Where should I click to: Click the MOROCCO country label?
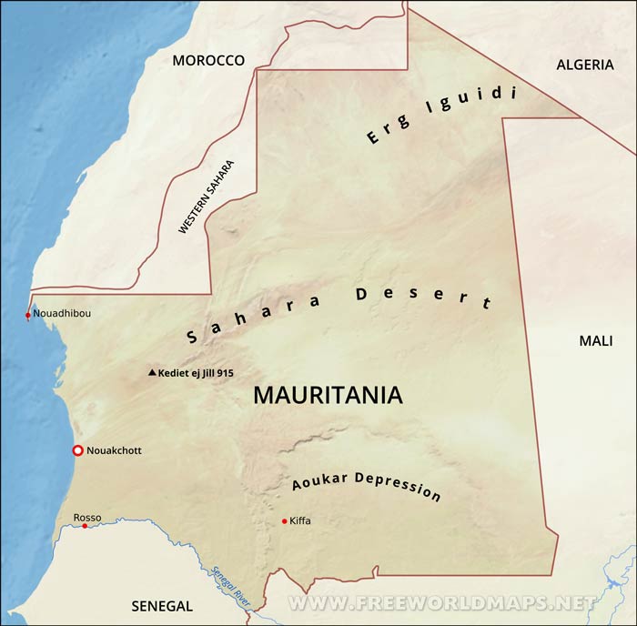[x=208, y=60]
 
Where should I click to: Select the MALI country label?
[x=596, y=341]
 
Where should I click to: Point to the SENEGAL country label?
[x=162, y=606]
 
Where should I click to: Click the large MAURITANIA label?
[x=327, y=396]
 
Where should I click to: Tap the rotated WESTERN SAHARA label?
[x=207, y=197]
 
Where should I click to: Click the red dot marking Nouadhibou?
[x=28, y=316]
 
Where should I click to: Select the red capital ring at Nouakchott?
[x=78, y=450]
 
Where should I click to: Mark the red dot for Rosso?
[x=85, y=526]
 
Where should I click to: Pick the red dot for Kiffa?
[x=285, y=521]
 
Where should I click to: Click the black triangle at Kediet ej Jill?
[x=152, y=373]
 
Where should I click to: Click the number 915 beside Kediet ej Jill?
[x=232, y=373]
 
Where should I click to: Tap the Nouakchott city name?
[x=114, y=450]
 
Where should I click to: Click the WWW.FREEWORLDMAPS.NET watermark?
[x=441, y=602]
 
